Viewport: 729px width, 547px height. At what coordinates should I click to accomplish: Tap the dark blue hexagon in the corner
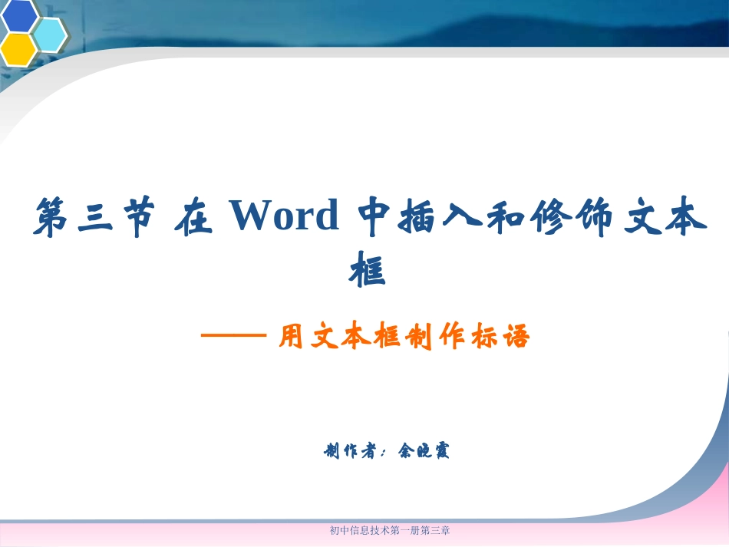(20, 15)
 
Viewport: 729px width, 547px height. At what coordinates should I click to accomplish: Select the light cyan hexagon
(51, 34)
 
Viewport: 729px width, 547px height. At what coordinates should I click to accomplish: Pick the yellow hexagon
(18, 49)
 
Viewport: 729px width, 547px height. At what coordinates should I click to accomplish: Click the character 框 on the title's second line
(367, 270)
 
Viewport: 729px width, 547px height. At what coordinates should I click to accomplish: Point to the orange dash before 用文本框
(233, 336)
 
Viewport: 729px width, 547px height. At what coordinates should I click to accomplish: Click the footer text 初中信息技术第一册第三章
(389, 529)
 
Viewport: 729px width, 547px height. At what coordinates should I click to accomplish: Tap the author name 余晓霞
(424, 450)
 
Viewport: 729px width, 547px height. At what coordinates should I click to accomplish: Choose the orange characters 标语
(504, 337)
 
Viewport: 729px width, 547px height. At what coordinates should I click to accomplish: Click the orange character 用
(292, 337)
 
